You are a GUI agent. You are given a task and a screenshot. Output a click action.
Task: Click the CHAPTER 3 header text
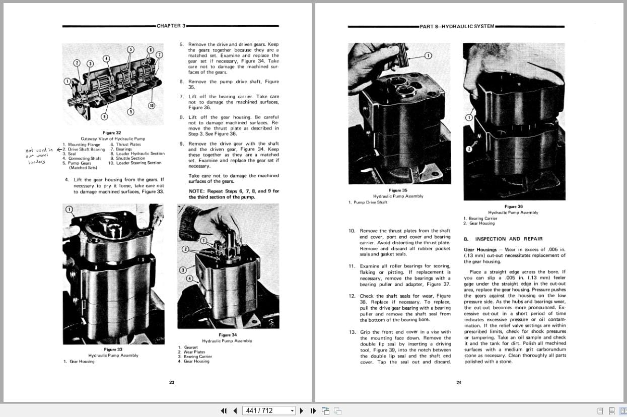point(171,26)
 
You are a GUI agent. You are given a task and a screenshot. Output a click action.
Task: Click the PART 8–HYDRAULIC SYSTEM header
point(457,26)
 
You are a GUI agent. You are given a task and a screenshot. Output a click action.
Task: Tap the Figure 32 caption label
point(112,133)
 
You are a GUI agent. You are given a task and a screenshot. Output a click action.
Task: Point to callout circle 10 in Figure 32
point(151,105)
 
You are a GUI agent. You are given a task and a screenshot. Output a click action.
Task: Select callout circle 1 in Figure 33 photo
point(69,210)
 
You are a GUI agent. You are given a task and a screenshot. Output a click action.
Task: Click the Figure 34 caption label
point(228,335)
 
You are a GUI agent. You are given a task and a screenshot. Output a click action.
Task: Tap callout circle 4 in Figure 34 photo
point(189,279)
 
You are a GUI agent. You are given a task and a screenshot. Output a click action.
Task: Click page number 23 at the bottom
point(171,383)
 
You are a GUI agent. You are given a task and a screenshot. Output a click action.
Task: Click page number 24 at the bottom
point(458,383)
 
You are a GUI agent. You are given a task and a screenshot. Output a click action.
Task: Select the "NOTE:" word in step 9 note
point(196,191)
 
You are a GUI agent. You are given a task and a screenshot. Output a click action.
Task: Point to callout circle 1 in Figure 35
point(428,56)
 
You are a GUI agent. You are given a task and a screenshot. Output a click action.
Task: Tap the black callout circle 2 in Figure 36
point(468,149)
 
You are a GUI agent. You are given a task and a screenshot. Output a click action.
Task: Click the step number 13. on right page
point(352,332)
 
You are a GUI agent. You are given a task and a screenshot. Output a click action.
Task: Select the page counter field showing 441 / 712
point(268,410)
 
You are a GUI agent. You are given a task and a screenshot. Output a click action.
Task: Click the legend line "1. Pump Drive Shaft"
point(368,202)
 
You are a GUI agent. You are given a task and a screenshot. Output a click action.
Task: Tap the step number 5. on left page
point(182,44)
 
